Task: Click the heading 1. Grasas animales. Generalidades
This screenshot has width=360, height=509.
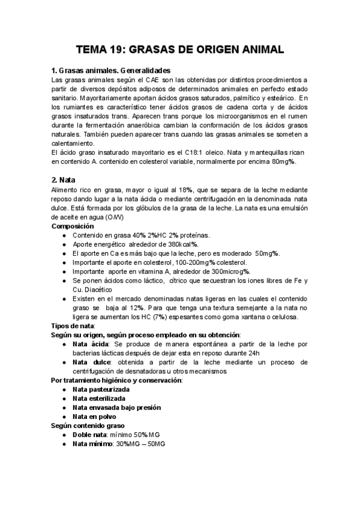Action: pyautogui.click(x=111, y=70)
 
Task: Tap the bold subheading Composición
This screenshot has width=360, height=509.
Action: pyautogui.click(x=73, y=226)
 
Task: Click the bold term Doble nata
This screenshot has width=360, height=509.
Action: pyautogui.click(x=89, y=435)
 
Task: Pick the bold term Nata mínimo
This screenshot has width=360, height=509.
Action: pyautogui.click(x=92, y=444)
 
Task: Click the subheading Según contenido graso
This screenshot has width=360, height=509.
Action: pyautogui.click(x=88, y=426)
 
